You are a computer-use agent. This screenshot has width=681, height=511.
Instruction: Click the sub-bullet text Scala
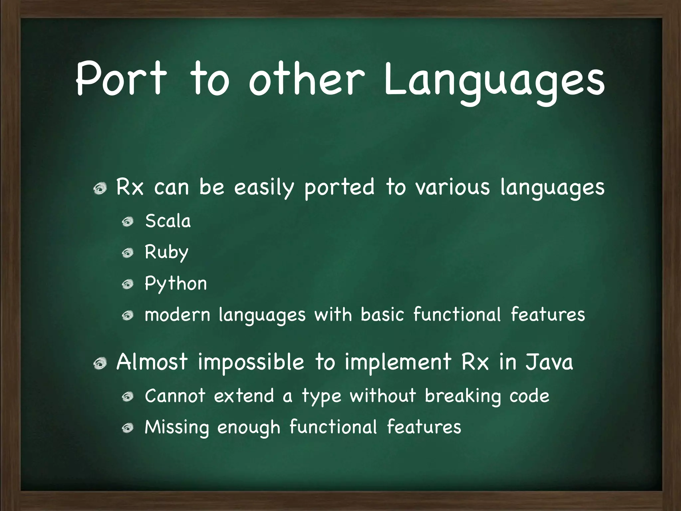point(168,221)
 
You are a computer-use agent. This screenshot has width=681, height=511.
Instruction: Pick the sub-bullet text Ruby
point(167,253)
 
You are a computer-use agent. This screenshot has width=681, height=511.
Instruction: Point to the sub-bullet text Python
point(176,284)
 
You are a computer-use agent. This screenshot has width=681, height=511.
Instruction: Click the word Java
point(549,362)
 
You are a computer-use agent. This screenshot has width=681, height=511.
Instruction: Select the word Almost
point(152,362)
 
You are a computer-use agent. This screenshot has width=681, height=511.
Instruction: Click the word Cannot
point(175,396)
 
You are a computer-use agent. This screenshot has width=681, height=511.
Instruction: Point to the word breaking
point(463,397)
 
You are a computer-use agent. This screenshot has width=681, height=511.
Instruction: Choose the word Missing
point(177,427)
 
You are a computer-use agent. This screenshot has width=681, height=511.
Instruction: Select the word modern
point(178,315)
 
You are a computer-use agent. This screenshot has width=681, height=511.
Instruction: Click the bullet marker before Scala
point(127,221)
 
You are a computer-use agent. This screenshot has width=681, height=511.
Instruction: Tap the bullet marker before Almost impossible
point(100,363)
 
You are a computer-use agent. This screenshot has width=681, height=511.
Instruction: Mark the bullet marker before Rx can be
point(100,189)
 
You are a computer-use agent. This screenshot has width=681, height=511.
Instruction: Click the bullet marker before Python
point(127,284)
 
